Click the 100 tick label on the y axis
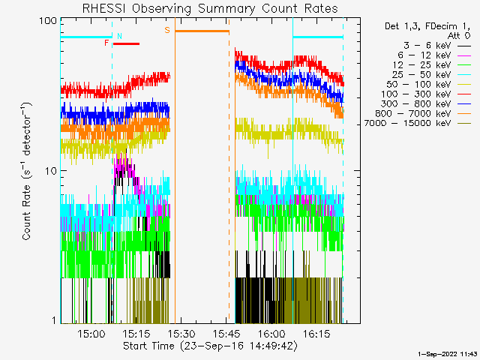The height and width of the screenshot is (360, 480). pyautogui.click(x=49, y=20)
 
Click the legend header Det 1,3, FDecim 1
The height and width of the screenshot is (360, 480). pyautogui.click(x=421, y=26)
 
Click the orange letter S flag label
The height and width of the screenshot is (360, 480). pyautogui.click(x=167, y=31)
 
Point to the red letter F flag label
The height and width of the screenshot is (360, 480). pyautogui.click(x=107, y=43)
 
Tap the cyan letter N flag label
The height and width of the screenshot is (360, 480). pyautogui.click(x=119, y=36)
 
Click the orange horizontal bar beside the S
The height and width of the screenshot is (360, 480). pyautogui.click(x=202, y=31)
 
